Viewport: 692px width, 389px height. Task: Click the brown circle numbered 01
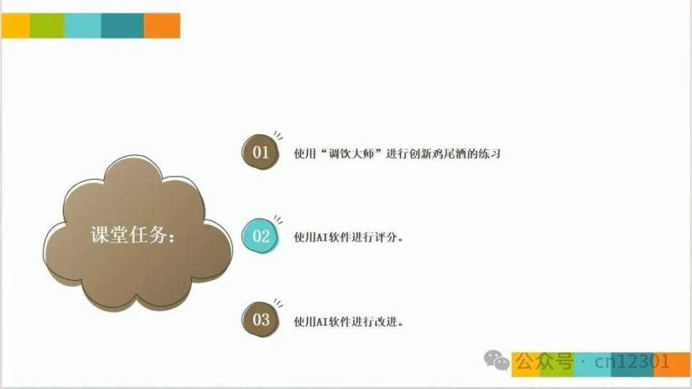260,152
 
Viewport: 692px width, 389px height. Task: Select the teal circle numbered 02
260,236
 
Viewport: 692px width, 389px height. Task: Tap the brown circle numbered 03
260,319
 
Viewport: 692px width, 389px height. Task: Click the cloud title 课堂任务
133,235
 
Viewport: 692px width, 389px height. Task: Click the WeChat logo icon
497,360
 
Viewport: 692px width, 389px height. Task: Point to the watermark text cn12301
631,362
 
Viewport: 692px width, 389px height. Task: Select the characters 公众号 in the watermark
544,361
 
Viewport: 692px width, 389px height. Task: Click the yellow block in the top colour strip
16,26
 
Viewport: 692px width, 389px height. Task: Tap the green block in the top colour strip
48,26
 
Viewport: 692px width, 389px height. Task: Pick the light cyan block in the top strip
83,26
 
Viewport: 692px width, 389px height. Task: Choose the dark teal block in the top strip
123,26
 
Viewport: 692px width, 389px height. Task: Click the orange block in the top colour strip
162,26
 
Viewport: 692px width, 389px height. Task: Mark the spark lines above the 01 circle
278,136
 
